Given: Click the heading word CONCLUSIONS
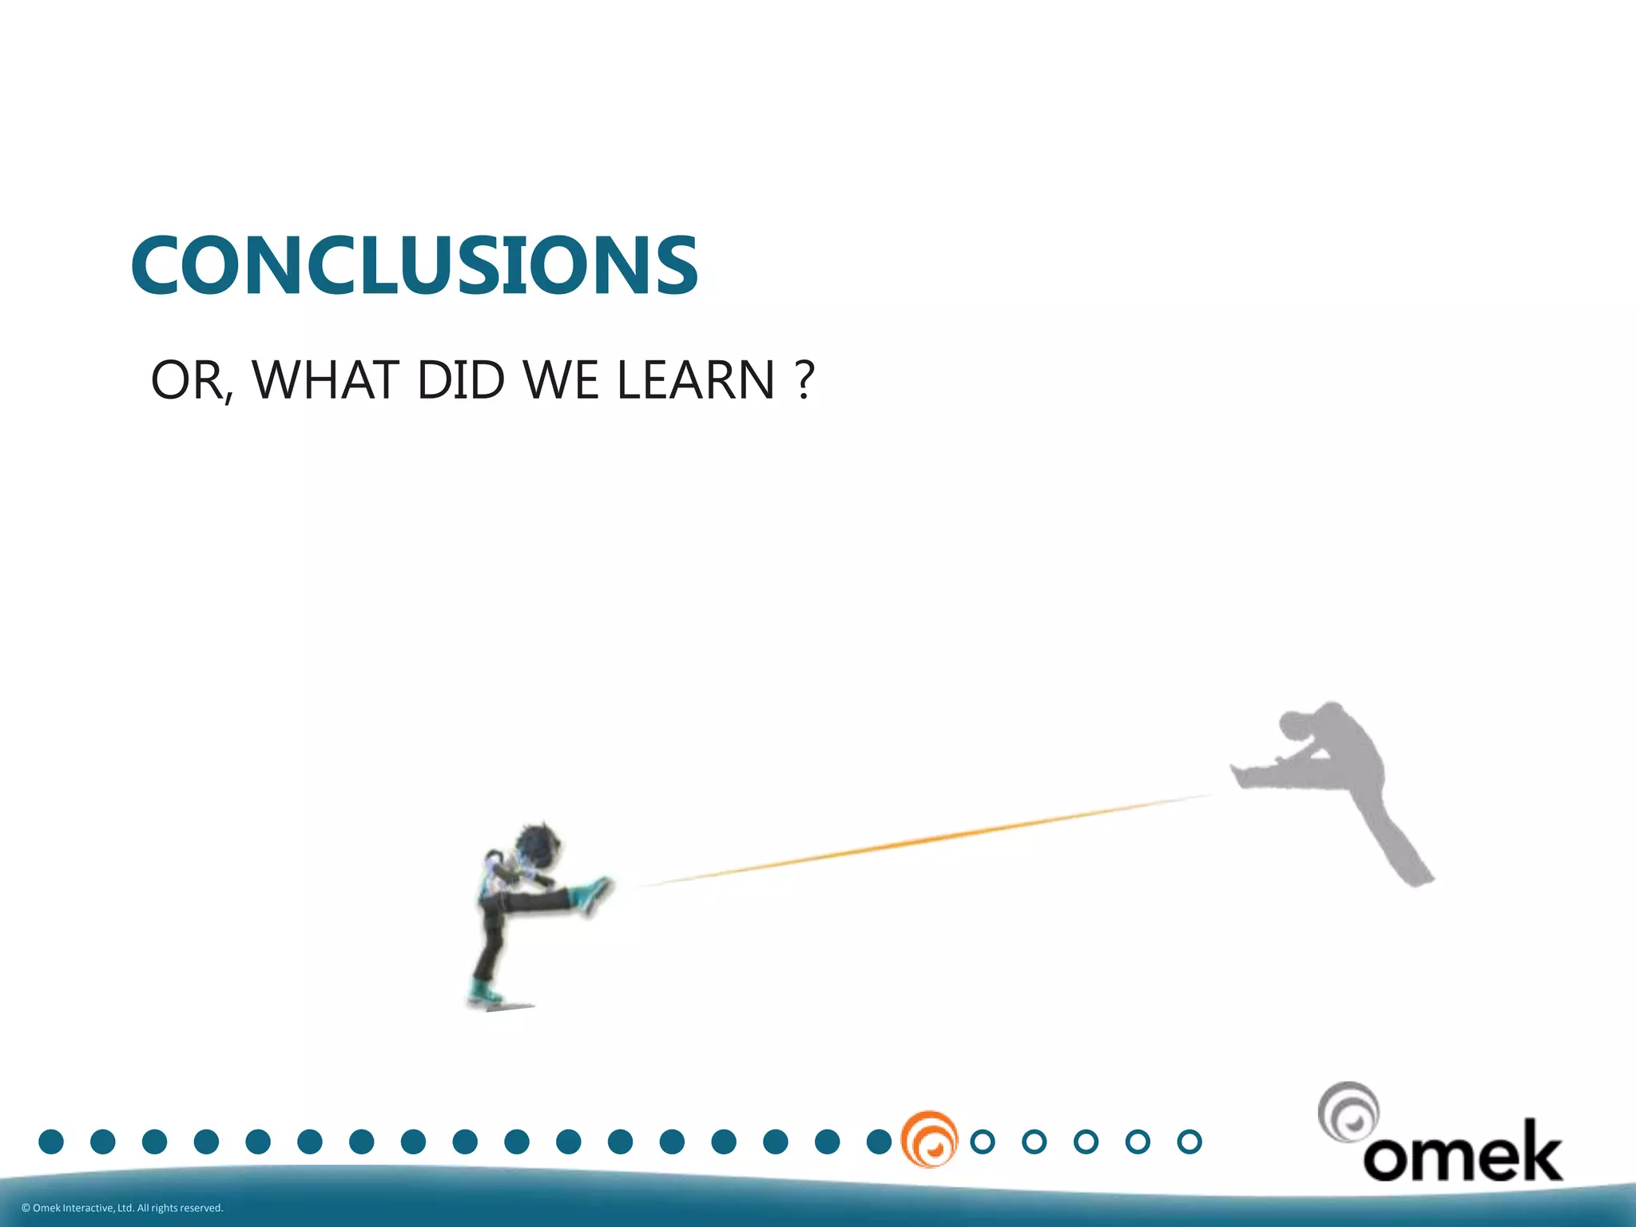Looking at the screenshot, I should [415, 266].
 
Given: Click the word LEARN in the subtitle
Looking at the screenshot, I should [695, 380].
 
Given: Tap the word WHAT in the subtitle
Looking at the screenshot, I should [325, 380].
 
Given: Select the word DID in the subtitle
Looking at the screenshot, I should [461, 380].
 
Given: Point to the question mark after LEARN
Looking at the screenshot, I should [805, 380].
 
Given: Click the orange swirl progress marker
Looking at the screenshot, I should [929, 1140].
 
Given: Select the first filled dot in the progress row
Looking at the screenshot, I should [51, 1142].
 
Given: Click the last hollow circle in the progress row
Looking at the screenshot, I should [1189, 1142].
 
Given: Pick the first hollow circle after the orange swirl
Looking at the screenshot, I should [983, 1142].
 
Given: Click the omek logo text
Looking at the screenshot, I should [1462, 1154].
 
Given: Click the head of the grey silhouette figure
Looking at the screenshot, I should [1296, 725].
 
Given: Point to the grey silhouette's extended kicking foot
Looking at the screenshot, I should [1243, 775].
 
